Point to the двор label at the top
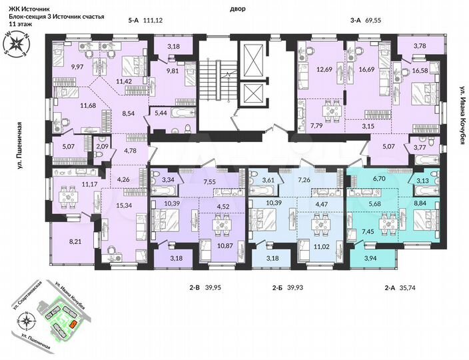click(237, 9)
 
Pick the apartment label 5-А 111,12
click(145, 21)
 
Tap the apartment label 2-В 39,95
click(204, 288)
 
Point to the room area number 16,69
click(367, 68)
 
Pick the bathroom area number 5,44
click(160, 114)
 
